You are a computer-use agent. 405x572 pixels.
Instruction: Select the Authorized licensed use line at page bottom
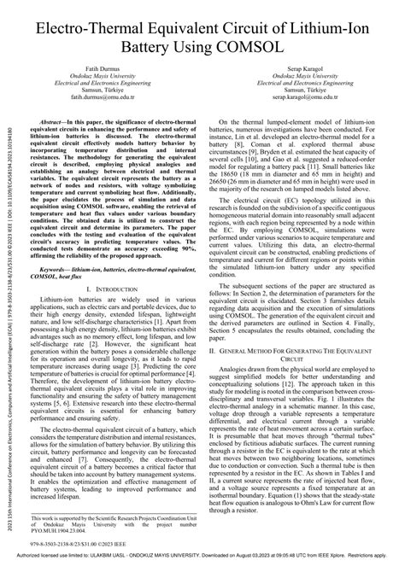click(202, 565)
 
